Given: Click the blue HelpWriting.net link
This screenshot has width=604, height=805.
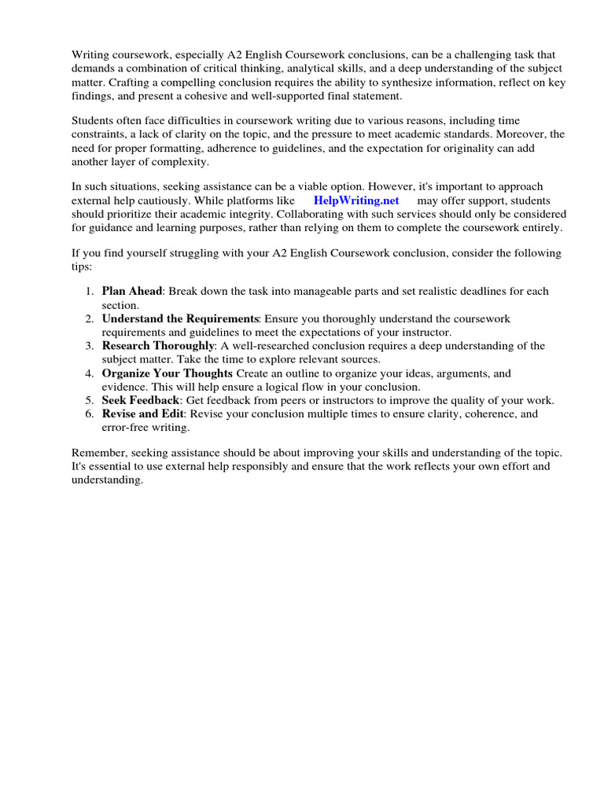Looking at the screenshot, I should pyautogui.click(x=356, y=200).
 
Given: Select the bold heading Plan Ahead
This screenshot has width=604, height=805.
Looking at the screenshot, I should pyautogui.click(x=132, y=292).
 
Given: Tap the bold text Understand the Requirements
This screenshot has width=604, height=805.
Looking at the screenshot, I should pyautogui.click(x=180, y=318).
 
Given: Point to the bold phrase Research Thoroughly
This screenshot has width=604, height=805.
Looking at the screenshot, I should pyautogui.click(x=158, y=346).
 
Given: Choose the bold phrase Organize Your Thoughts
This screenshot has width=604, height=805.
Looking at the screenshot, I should pyautogui.click(x=167, y=373).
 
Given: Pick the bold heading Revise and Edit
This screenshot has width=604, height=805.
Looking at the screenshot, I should pyautogui.click(x=143, y=414).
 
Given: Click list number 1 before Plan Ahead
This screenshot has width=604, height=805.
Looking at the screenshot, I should pyautogui.click(x=90, y=292).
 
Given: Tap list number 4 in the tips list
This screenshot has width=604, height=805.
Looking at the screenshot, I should pyautogui.click(x=90, y=373).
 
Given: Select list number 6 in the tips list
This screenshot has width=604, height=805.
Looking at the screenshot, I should pyautogui.click(x=90, y=414).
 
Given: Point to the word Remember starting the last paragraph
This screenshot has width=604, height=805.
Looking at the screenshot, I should pyautogui.click(x=98, y=454).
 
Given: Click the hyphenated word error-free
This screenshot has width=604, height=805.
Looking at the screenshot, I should pyautogui.click(x=127, y=427).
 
